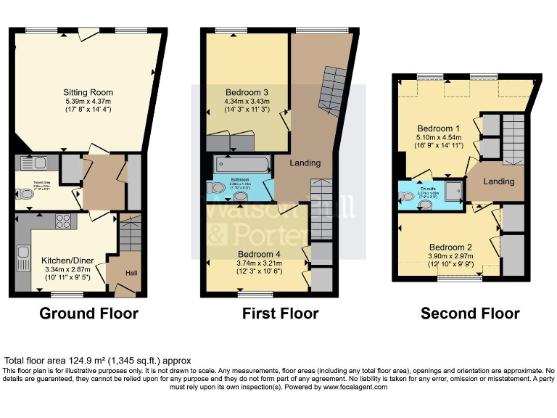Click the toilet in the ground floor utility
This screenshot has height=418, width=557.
pyautogui.click(x=24, y=194)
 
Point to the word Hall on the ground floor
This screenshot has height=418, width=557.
pyautogui.click(x=131, y=272)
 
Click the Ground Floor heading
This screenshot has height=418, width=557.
pyautogui.click(x=88, y=313)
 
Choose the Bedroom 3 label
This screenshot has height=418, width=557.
pyautogui.click(x=247, y=92)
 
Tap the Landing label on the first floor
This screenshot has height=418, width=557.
pyautogui.click(x=305, y=163)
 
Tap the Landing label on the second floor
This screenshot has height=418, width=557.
pyautogui.click(x=499, y=181)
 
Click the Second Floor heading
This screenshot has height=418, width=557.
pyautogui.click(x=470, y=313)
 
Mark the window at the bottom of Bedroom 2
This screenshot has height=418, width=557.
pyautogui.click(x=460, y=278)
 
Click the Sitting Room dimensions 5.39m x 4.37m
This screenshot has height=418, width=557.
pyautogui.click(x=87, y=102)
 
